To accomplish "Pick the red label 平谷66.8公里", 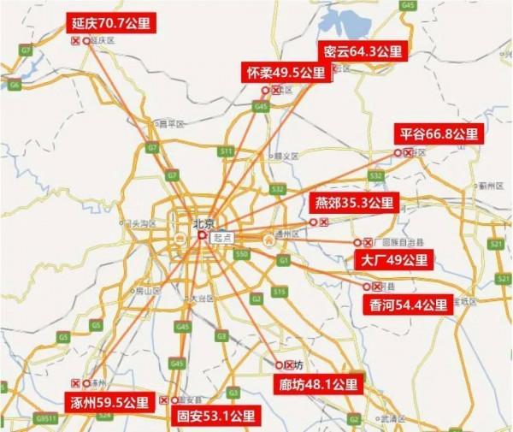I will pyautogui.click(x=439, y=133).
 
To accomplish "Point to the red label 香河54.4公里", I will pyautogui.click(x=409, y=305).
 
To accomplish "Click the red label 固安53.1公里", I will pyautogui.click(x=215, y=417).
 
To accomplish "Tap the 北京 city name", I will pyautogui.click(x=202, y=222).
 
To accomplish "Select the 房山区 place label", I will pyautogui.click(x=149, y=291).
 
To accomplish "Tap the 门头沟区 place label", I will pyautogui.click(x=136, y=223).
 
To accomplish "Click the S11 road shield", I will pyautogui.click(x=226, y=151).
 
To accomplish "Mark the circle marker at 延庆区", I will pyautogui.click(x=86, y=40).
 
